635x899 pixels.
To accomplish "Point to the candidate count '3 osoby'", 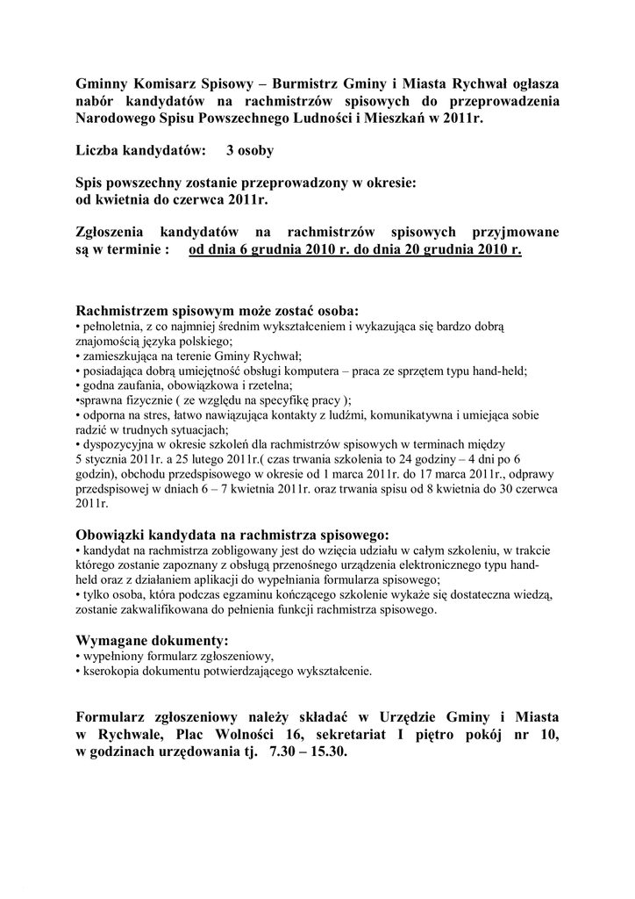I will (250, 150).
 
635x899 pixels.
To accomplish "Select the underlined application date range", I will (355, 249).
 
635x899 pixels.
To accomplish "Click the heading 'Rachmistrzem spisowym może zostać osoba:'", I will (218, 311).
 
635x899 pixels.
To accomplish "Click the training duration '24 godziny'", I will (433, 460).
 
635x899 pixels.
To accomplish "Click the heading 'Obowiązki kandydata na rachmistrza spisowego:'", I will (232, 535).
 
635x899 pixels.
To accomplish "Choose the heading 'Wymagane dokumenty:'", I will (153, 639).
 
